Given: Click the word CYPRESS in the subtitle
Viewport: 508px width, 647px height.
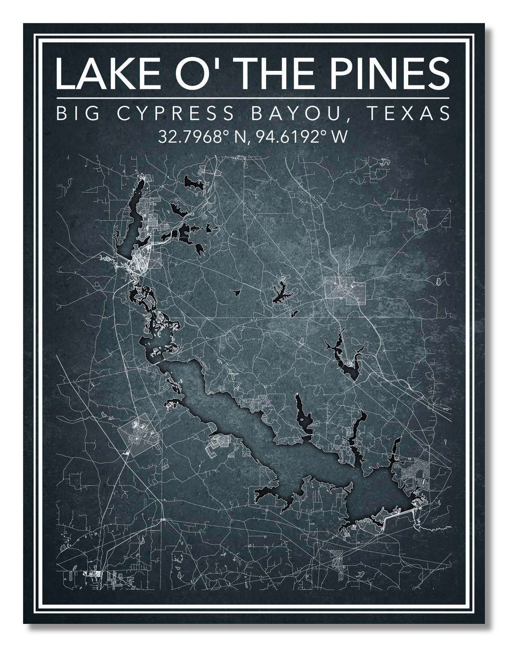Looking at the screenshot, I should (175, 113).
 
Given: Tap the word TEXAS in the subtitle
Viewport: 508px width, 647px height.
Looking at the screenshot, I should (407, 113).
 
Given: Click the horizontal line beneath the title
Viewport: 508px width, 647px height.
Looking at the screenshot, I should (253, 98).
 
